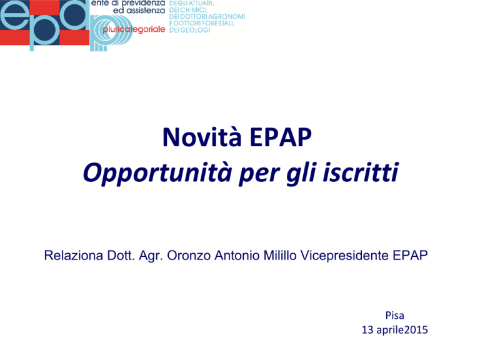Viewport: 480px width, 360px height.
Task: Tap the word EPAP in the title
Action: pos(281,137)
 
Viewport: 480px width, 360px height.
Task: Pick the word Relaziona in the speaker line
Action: pos(74,255)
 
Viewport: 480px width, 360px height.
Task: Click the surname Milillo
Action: pos(280,255)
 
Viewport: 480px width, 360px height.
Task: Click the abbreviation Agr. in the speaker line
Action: pos(151,256)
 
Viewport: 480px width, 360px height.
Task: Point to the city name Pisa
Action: pos(394,315)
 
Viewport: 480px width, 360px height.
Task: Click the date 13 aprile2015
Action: pos(394,330)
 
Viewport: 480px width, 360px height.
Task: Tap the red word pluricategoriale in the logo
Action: pos(134,30)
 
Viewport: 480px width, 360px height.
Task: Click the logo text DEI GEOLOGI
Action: pos(189,30)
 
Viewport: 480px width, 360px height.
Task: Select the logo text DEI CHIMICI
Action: pos(188,10)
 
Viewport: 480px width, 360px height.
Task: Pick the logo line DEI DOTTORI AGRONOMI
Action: pos(207,16)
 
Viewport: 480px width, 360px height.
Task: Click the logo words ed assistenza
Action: pos(139,11)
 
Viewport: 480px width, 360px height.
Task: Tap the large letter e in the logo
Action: pos(14,16)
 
